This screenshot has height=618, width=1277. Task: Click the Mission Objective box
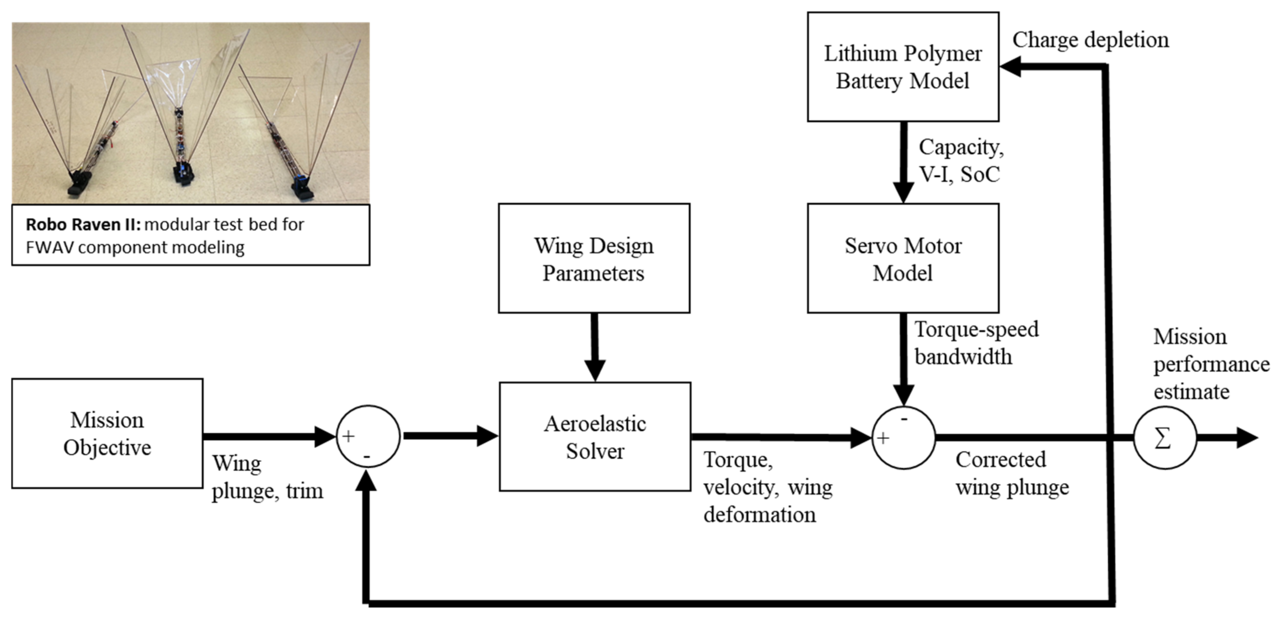107,434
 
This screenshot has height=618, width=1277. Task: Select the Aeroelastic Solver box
595,437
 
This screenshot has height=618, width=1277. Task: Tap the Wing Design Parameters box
594,258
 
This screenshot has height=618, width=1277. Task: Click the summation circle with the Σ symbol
1165,438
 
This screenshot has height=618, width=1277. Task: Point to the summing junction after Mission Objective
368,437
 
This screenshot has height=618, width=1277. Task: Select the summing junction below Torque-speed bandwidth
903,438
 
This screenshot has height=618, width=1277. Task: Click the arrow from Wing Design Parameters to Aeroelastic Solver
595,347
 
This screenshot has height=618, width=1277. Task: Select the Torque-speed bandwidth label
975,343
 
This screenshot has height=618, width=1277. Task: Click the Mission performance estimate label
1210,364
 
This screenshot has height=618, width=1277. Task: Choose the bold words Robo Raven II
83,224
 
